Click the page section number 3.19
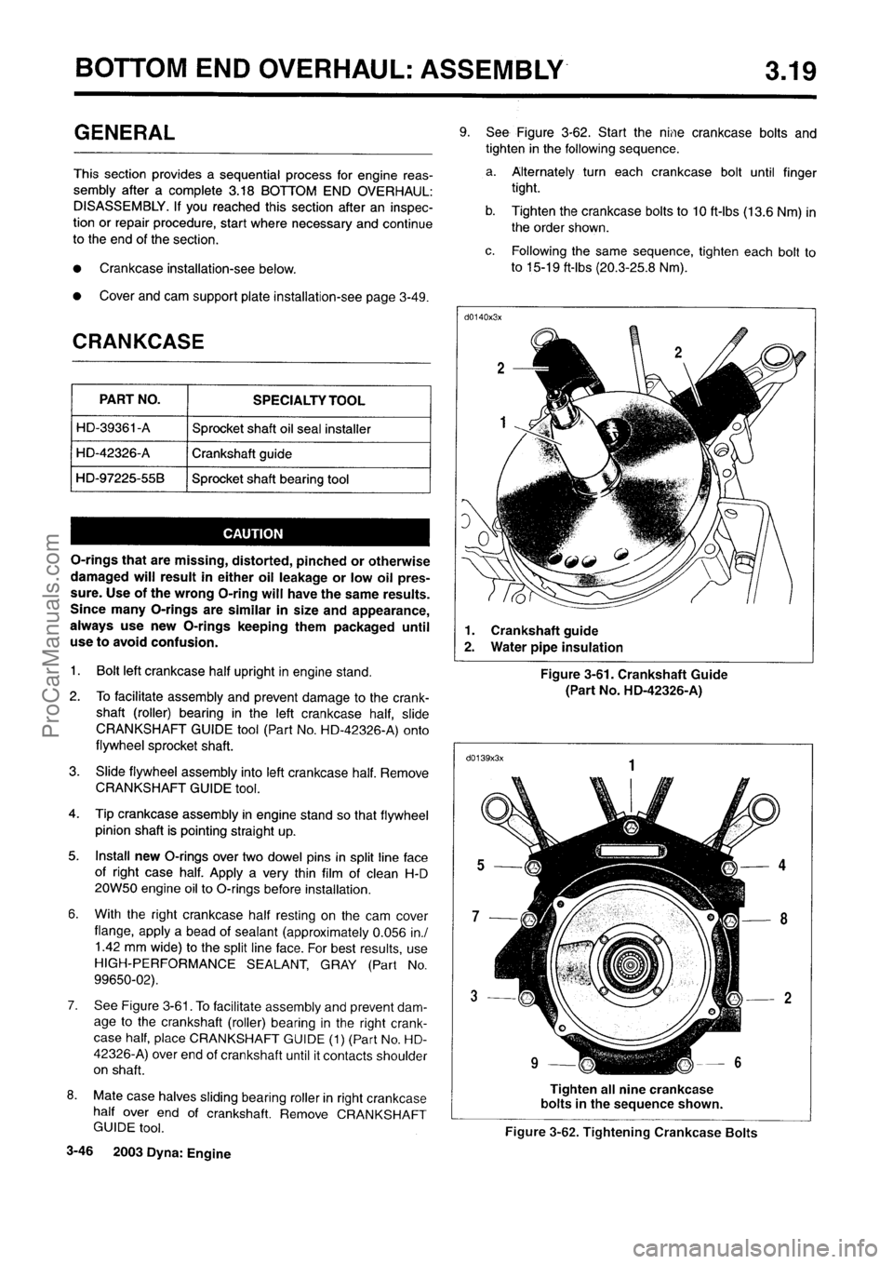[783, 68]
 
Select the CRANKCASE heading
[139, 341]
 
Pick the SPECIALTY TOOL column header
[309, 400]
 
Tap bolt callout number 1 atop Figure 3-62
[632, 764]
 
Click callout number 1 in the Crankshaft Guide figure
[503, 422]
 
